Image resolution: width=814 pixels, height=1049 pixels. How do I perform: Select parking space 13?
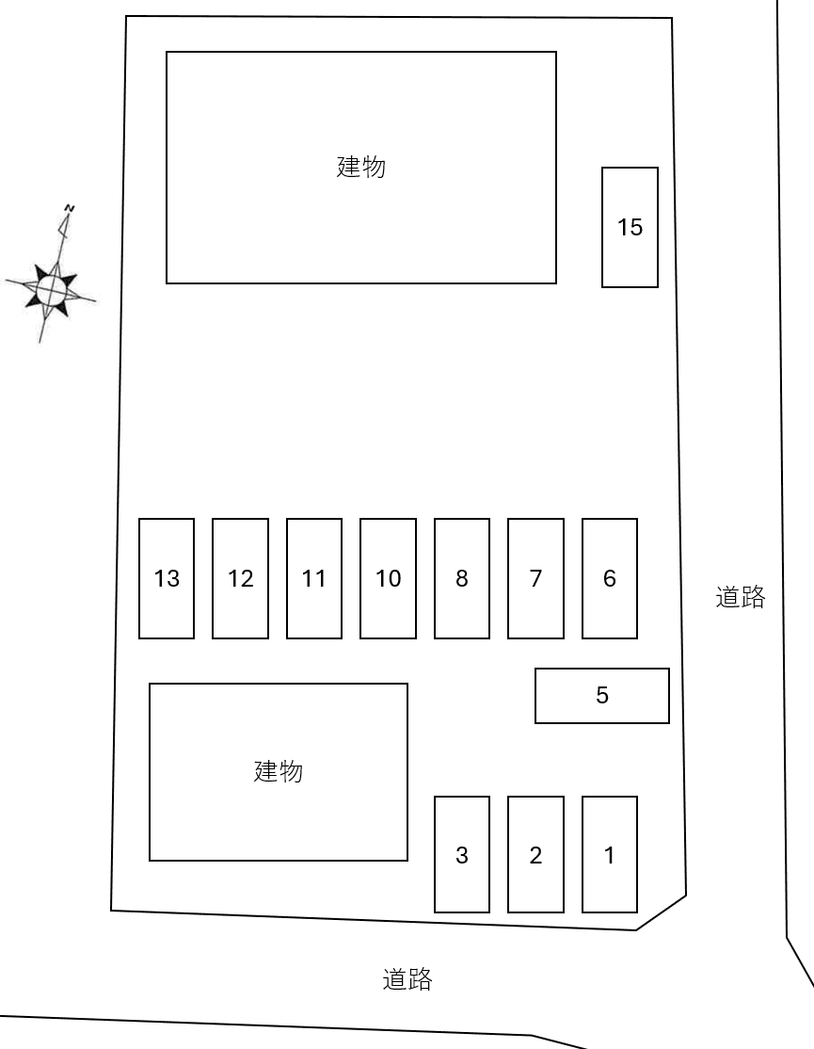click(x=167, y=578)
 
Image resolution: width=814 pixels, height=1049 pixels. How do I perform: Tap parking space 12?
click(x=240, y=578)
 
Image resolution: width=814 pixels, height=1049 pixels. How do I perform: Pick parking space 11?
click(x=314, y=578)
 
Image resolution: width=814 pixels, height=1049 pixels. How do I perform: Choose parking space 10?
click(x=388, y=578)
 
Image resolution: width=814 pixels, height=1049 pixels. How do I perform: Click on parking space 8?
click(x=462, y=578)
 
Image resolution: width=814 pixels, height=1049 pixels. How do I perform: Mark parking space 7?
click(x=535, y=578)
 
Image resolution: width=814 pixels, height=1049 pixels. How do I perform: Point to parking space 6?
click(x=610, y=578)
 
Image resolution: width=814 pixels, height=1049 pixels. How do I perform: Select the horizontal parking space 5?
click(x=602, y=696)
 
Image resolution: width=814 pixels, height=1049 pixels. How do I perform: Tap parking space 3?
click(x=462, y=855)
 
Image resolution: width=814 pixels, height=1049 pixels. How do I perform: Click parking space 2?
click(x=535, y=855)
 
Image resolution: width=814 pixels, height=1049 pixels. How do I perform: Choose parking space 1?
click(x=610, y=855)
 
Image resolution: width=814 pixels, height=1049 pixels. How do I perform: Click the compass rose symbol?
click(x=51, y=289)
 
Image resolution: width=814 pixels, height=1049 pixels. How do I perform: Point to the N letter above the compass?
click(x=69, y=206)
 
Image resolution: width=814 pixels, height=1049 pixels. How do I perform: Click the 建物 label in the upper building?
click(x=361, y=168)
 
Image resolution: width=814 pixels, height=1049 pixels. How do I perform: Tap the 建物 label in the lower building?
click(x=279, y=771)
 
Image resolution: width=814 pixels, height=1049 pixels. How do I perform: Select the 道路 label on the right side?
click(x=741, y=597)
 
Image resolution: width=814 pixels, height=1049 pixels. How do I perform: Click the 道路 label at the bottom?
click(x=407, y=979)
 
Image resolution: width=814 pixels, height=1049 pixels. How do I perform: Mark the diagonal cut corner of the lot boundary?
click(x=662, y=912)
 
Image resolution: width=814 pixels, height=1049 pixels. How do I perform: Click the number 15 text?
click(x=630, y=227)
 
